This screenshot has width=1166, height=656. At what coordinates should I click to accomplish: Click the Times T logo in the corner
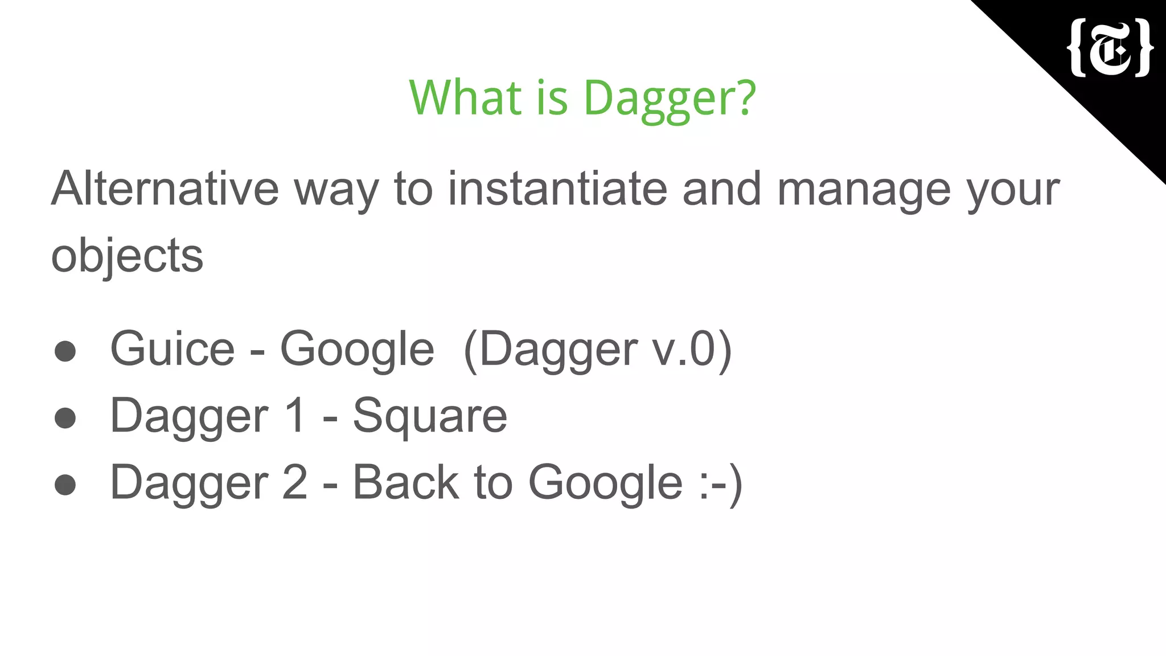click(x=1111, y=48)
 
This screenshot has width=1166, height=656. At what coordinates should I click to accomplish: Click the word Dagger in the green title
click(x=670, y=97)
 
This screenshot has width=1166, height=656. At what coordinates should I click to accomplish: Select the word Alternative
click(x=165, y=188)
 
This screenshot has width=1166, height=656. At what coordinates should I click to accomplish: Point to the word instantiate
click(x=557, y=188)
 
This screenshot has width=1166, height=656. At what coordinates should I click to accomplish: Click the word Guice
click(x=173, y=348)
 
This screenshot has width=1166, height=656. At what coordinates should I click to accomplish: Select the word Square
click(x=430, y=416)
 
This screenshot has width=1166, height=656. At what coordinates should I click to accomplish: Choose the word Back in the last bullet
click(x=405, y=482)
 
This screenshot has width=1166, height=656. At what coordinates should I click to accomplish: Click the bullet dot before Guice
click(x=65, y=351)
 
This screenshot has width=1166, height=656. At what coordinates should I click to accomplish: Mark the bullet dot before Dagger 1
click(x=65, y=418)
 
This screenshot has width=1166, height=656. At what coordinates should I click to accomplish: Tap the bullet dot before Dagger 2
click(x=65, y=485)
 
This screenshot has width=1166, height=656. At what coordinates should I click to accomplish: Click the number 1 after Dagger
click(x=295, y=415)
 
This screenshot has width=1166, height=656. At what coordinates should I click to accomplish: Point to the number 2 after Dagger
click(x=294, y=482)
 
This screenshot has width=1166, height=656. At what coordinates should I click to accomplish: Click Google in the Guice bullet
click(x=357, y=350)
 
